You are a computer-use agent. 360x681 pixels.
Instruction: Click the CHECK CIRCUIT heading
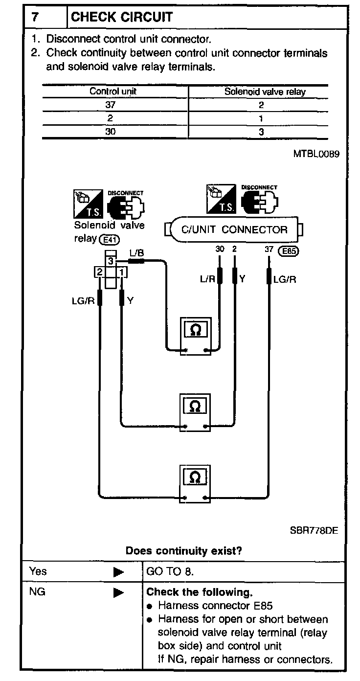tap(122, 17)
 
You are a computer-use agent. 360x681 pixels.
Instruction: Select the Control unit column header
tap(112, 91)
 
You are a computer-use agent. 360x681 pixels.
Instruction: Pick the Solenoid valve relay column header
tap(265, 91)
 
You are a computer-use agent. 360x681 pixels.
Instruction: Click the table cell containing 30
tap(111, 131)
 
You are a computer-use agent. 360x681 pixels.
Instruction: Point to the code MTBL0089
tap(316, 154)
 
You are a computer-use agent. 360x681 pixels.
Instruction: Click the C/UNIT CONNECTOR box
tap(234, 229)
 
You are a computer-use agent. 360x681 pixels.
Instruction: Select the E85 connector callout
tap(288, 251)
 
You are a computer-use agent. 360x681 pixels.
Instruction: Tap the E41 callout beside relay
tap(109, 240)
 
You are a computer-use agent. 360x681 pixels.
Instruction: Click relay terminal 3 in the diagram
tap(111, 261)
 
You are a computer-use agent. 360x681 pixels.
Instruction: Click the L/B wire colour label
tap(136, 253)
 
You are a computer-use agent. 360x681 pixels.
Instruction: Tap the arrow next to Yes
tap(118, 572)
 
